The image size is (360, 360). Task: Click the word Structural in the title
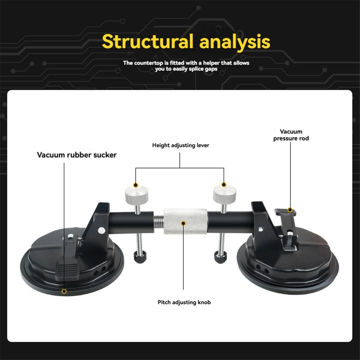[147, 42]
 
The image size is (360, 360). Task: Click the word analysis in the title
[235, 42]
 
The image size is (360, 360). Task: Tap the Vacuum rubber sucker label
[76, 155]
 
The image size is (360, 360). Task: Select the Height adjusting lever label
[181, 145]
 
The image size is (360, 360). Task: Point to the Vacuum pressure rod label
[291, 135]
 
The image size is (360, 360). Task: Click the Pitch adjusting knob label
[184, 302]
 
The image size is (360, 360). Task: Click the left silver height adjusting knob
[137, 195]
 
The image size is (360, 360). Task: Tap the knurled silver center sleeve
[185, 221]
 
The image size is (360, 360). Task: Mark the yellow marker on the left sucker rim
[64, 291]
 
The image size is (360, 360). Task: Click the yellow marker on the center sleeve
[184, 223]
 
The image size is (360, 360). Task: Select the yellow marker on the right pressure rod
[290, 210]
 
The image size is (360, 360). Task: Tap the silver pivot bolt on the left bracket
[102, 230]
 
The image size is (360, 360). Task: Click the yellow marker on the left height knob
[136, 185]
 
